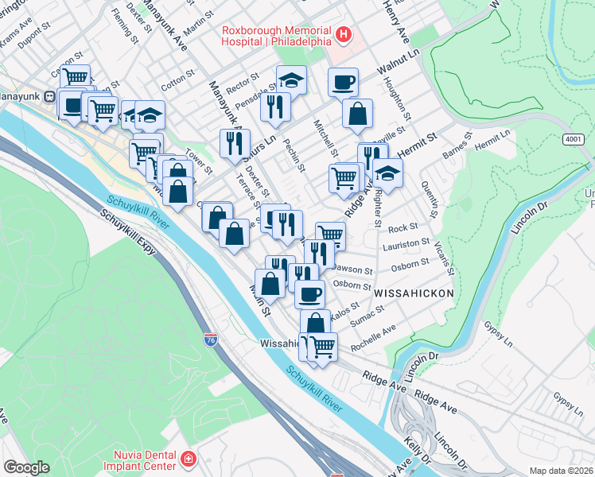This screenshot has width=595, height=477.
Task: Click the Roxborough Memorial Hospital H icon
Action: (344, 34)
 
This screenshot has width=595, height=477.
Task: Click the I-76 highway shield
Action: (210, 341)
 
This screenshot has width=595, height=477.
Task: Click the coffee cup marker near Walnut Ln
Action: (343, 82)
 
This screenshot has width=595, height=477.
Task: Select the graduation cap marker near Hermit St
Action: (387, 173)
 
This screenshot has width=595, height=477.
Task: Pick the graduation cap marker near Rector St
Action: (292, 79)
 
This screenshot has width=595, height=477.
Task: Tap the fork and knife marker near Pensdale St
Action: (274, 106)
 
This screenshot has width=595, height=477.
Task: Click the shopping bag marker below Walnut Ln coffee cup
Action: (358, 114)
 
